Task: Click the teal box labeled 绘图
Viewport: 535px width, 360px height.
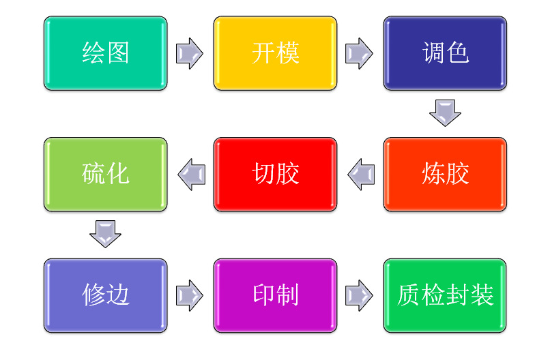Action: [105, 53]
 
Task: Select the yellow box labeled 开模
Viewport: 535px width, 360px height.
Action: [275, 53]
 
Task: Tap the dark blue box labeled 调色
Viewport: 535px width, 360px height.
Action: [445, 53]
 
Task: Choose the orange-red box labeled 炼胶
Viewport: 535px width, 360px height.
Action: [445, 175]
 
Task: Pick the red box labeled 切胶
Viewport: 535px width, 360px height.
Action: [275, 175]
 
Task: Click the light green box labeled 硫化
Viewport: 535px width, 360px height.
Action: [105, 175]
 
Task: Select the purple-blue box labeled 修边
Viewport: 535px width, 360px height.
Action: [105, 295]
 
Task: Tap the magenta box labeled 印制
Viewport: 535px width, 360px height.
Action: [275, 295]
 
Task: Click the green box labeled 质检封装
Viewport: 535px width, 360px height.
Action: [445, 295]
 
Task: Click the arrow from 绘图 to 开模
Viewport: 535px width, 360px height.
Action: [190, 53]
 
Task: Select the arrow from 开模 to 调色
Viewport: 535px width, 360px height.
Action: [359, 53]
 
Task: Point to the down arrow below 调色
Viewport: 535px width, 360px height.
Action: [445, 112]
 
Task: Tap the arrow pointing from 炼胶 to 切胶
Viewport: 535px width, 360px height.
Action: [361, 175]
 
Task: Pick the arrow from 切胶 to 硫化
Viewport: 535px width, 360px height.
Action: [192, 175]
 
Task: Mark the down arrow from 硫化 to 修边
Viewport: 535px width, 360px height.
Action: [105, 234]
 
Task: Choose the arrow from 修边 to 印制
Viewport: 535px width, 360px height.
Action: [190, 295]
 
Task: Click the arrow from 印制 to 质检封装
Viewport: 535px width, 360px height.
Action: [359, 295]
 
